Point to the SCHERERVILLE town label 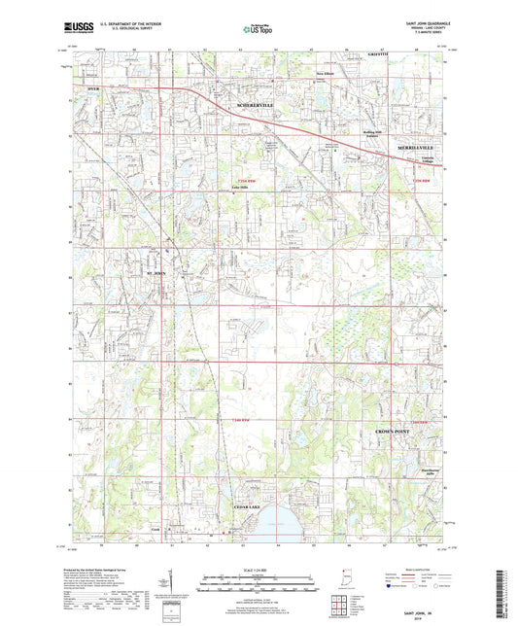tap(249, 104)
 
